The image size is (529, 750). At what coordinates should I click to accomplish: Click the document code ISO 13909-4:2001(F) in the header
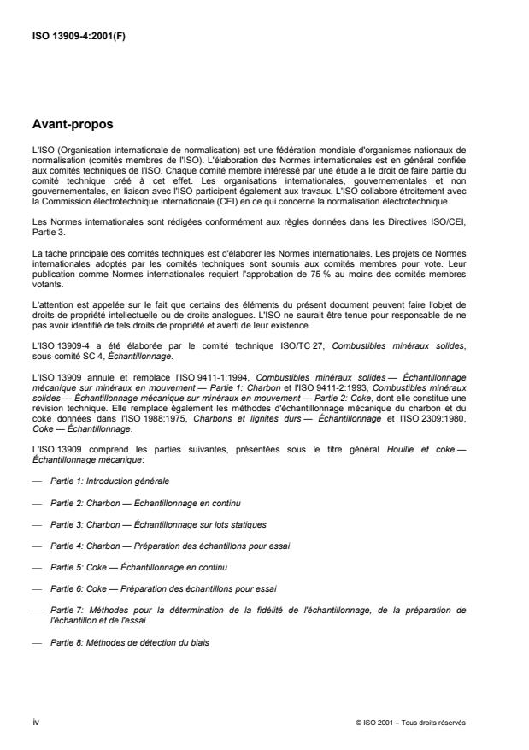point(78,39)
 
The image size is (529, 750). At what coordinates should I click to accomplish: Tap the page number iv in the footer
point(35,722)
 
